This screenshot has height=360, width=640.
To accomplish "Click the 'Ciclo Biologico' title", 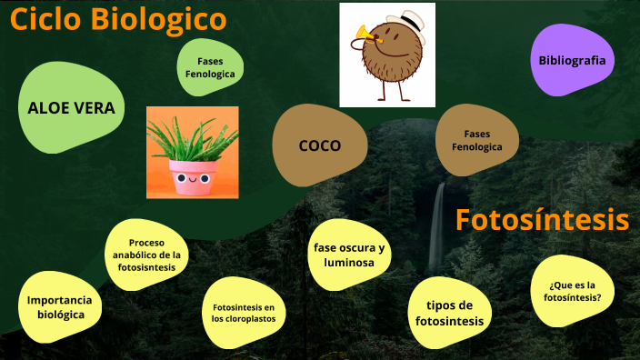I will tap(118, 19).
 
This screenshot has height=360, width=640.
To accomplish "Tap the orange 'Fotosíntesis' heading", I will tap(542, 220).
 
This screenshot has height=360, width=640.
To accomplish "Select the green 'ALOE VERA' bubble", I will tap(71, 108).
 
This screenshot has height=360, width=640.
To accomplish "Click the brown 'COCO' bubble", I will tap(319, 145).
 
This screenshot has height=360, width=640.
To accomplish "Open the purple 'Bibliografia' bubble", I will tap(572, 60).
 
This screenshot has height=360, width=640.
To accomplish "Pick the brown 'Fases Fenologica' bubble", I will tap(476, 140).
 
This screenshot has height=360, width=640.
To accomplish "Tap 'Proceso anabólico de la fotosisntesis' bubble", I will tap(146, 255).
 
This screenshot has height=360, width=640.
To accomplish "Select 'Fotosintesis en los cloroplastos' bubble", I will tap(243, 313).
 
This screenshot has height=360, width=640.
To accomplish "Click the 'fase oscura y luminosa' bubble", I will tap(349, 255).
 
